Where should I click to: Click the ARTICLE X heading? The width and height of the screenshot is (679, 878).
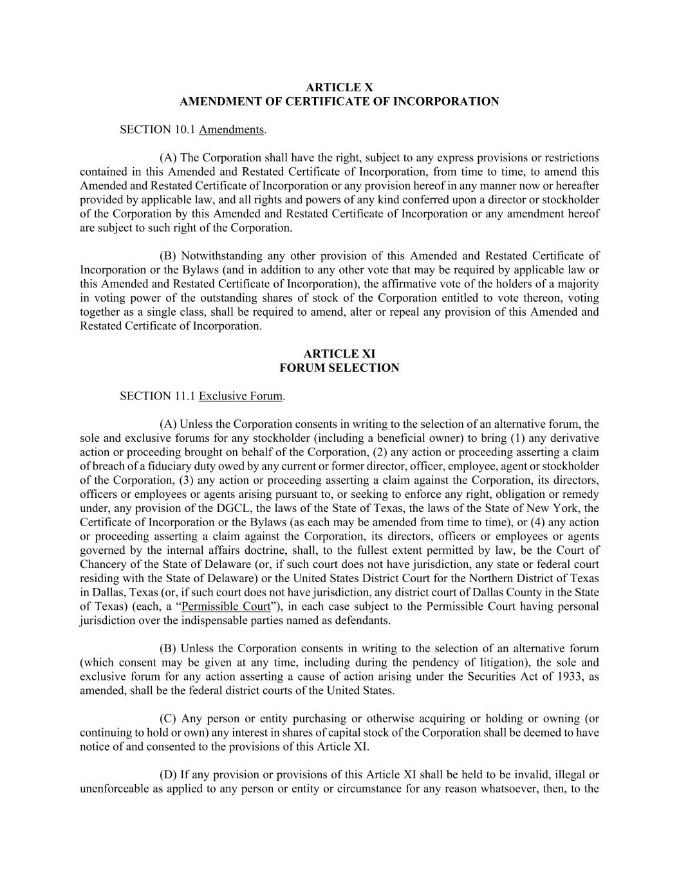[x=339, y=87]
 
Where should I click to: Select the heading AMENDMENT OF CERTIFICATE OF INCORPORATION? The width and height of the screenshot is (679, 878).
[x=339, y=101]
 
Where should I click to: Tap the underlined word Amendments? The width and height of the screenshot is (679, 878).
[x=231, y=129]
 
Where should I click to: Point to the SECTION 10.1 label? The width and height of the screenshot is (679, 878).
[x=158, y=129]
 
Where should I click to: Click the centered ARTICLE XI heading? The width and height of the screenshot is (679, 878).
[x=339, y=354]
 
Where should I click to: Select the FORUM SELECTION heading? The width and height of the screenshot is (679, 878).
[x=339, y=368]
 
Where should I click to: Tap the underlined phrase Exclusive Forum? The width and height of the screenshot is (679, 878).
[x=241, y=396]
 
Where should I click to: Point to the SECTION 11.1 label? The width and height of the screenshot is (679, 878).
[x=158, y=396]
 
